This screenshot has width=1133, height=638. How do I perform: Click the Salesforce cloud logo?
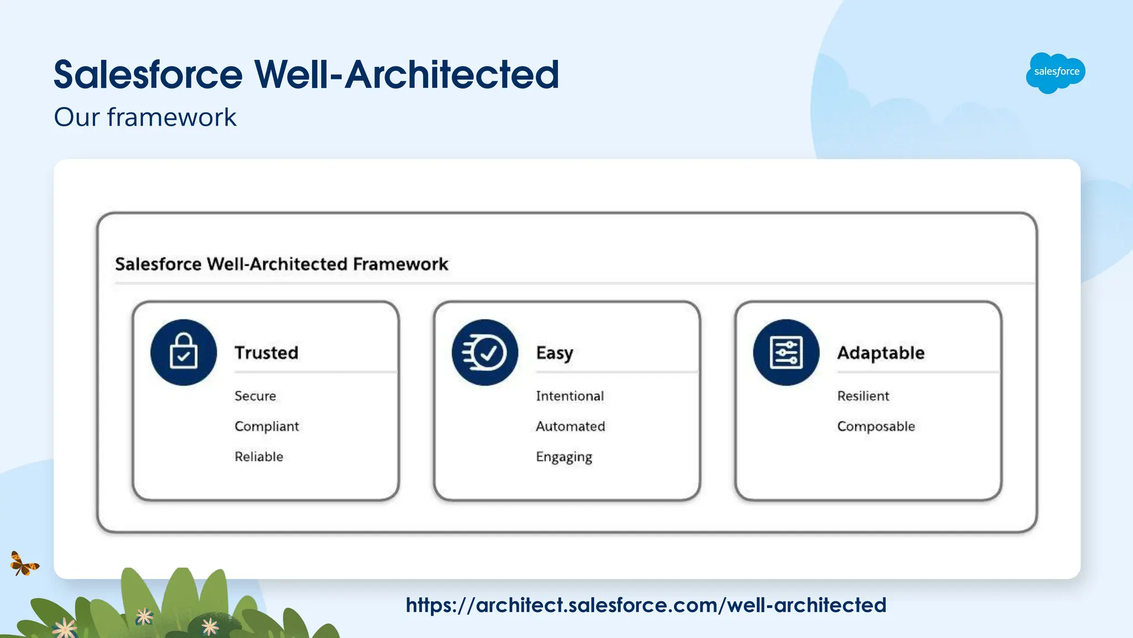(1056, 72)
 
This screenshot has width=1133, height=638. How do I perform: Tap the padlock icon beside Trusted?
(184, 352)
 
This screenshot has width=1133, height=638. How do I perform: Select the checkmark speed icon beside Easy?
(485, 352)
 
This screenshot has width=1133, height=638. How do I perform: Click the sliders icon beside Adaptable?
(786, 352)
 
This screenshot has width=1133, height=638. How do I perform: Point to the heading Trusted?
(266, 352)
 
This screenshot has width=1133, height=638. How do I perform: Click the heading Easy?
(554, 353)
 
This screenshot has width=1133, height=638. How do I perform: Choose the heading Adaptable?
(881, 352)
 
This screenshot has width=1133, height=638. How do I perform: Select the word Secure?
(255, 396)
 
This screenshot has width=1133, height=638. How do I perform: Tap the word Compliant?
(267, 426)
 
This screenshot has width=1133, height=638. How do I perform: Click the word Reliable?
(259, 457)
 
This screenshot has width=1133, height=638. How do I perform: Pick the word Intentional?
(570, 396)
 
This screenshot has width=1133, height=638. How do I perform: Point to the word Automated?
(570, 426)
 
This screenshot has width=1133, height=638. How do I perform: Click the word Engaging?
(564, 457)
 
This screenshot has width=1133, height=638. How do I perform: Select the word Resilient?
(863, 396)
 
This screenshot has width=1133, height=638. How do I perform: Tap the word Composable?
(876, 426)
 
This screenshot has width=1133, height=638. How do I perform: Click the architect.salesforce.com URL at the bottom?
(646, 605)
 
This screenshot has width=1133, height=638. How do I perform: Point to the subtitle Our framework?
(145, 117)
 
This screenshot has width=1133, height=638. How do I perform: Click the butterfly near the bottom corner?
(23, 564)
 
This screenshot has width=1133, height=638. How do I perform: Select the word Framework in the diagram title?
(401, 264)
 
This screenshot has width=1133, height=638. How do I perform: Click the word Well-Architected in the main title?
(406, 74)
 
